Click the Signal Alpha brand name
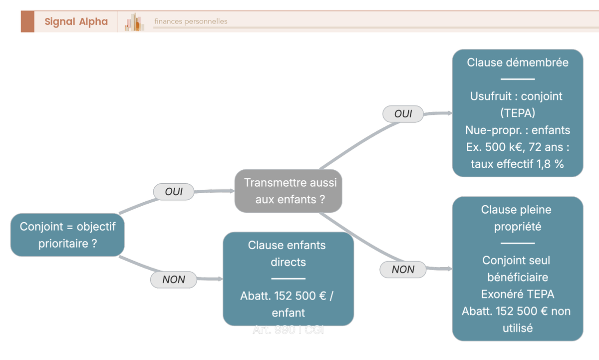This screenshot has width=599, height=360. [x=76, y=21]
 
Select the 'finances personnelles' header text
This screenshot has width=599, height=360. [x=191, y=21]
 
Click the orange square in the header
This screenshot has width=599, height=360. [x=27, y=21]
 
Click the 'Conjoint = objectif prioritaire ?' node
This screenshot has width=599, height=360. [x=67, y=235]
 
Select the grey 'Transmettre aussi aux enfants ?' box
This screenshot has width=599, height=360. [x=289, y=191]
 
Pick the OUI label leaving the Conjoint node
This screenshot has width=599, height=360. [x=174, y=192]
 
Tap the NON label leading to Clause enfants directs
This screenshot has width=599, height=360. [x=174, y=280]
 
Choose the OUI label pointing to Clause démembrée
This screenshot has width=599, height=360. [x=403, y=114]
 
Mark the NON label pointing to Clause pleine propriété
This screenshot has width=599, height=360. [x=403, y=270]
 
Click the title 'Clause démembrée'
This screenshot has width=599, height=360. [x=518, y=62]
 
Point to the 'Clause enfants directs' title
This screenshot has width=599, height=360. [x=288, y=253]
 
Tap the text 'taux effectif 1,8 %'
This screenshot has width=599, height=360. [x=518, y=164]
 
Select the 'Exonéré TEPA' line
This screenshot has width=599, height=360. [x=518, y=294]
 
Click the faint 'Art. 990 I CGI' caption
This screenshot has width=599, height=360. [x=288, y=330]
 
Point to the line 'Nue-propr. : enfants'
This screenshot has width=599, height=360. [x=518, y=130]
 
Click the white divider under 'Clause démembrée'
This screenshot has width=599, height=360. [x=518, y=79]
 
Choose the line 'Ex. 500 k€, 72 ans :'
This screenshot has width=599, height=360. [x=518, y=147]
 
